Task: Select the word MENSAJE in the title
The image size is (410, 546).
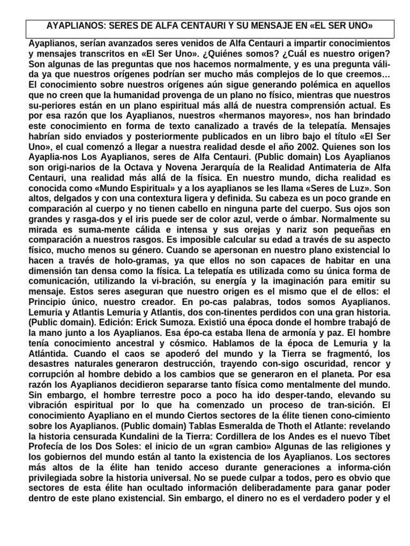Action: pyautogui.click(x=285, y=26)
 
